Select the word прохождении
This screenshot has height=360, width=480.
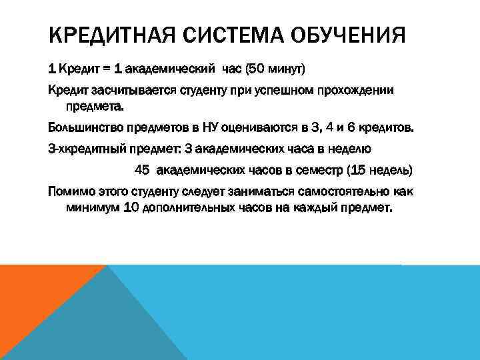point(356,90)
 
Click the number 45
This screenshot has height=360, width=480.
point(141,170)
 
